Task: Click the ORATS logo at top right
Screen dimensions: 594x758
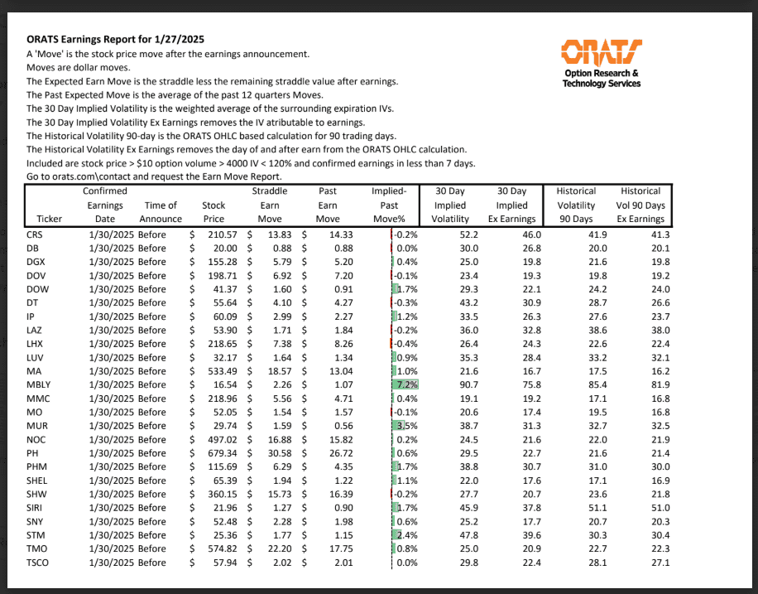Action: pyautogui.click(x=601, y=51)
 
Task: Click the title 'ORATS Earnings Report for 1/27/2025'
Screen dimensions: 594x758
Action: pyautogui.click(x=115, y=39)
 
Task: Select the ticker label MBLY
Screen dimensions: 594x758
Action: pyautogui.click(x=39, y=384)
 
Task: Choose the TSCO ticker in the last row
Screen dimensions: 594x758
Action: pyautogui.click(x=38, y=563)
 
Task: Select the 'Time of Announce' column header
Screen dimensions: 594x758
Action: pyautogui.click(x=161, y=212)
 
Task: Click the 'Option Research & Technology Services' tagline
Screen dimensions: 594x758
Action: pyautogui.click(x=601, y=79)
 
